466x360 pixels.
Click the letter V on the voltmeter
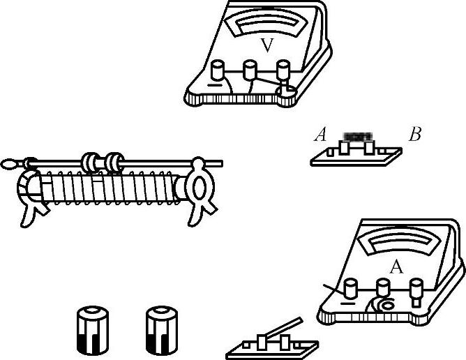click(x=267, y=45)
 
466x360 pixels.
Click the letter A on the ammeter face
click(x=396, y=267)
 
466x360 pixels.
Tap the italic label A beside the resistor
click(x=321, y=135)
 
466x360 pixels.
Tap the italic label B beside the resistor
click(x=415, y=134)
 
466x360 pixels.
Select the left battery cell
click(x=93, y=330)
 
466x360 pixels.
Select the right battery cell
click(x=162, y=330)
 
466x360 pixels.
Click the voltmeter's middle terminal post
click(x=250, y=70)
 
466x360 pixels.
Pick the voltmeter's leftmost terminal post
click(x=217, y=70)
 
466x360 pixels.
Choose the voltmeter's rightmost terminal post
click(x=283, y=70)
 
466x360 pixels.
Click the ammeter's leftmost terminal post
click(x=351, y=288)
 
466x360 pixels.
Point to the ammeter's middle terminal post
click(x=383, y=287)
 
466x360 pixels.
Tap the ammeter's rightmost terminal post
click(x=416, y=290)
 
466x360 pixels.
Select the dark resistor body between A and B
click(x=357, y=137)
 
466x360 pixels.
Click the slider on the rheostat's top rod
click(x=103, y=163)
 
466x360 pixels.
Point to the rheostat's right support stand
click(x=200, y=190)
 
